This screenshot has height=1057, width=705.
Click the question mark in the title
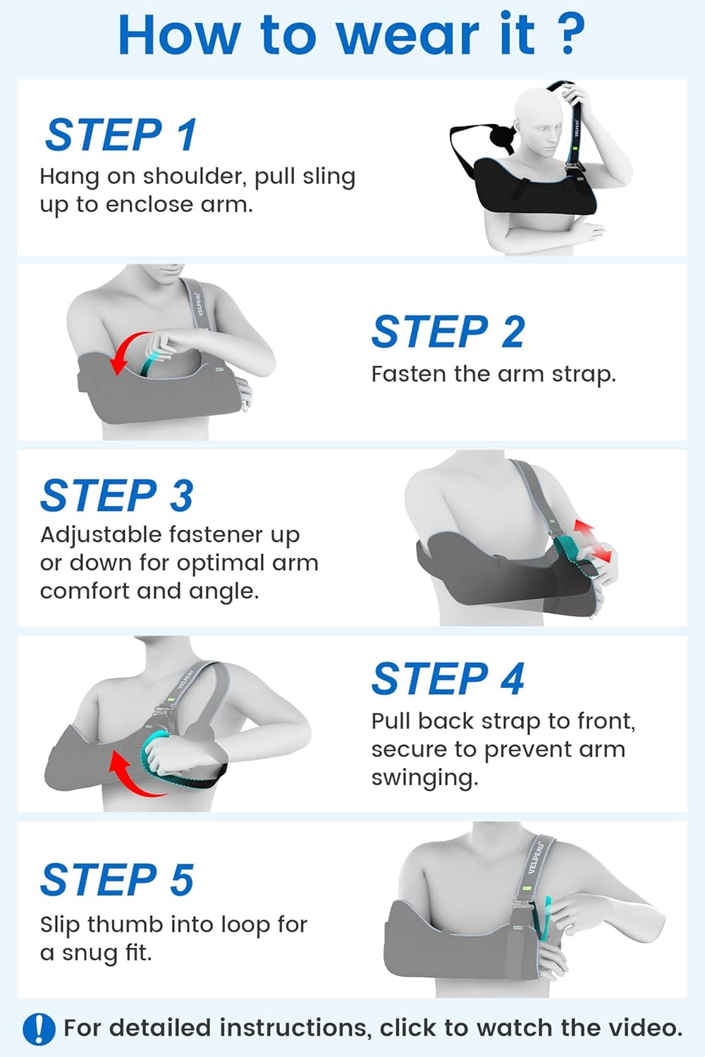568,35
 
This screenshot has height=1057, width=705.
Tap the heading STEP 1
121,135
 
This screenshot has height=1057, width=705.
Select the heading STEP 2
448,332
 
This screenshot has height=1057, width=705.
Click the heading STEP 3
117,495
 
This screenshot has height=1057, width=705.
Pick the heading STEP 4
448,679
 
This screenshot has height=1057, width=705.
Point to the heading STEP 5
117,879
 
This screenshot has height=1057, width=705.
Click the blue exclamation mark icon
39,1027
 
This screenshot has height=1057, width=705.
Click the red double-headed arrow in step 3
593,540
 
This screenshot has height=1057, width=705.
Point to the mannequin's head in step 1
539,123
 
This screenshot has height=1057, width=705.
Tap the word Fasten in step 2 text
408,374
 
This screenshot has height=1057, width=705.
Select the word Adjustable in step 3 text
102,536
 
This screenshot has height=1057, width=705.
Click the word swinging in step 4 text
425,778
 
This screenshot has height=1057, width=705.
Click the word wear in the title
407,35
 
